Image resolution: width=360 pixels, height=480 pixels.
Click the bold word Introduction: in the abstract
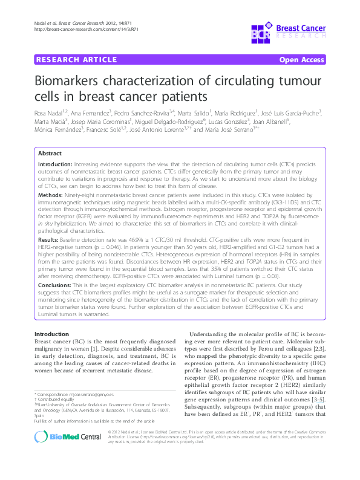point(54,164)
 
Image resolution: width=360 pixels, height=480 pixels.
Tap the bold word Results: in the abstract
point(50,239)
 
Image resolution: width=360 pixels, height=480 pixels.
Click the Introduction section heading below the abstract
point(51,334)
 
